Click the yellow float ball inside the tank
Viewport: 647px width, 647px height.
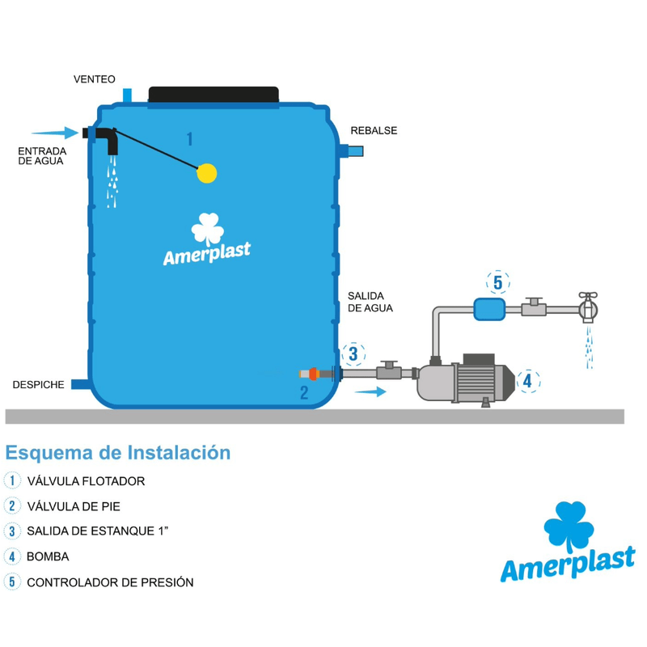(x=208, y=172)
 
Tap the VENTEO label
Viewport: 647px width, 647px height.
(x=95, y=79)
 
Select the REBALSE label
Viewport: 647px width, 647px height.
(x=374, y=130)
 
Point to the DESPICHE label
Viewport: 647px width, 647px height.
(x=38, y=384)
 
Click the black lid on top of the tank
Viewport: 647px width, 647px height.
(x=214, y=95)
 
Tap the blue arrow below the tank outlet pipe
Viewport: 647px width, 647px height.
(x=370, y=391)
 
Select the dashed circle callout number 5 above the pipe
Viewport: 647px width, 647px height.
(x=498, y=282)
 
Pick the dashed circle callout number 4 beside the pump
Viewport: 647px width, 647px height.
(x=526, y=380)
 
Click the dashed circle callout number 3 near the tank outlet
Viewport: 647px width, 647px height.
(x=353, y=353)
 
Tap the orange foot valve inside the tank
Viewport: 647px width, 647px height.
(x=315, y=374)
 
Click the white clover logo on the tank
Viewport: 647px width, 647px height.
(x=207, y=228)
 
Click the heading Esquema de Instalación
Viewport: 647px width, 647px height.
(x=117, y=452)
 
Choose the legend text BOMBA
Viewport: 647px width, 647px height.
(x=48, y=556)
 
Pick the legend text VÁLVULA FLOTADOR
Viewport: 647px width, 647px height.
(x=86, y=481)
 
